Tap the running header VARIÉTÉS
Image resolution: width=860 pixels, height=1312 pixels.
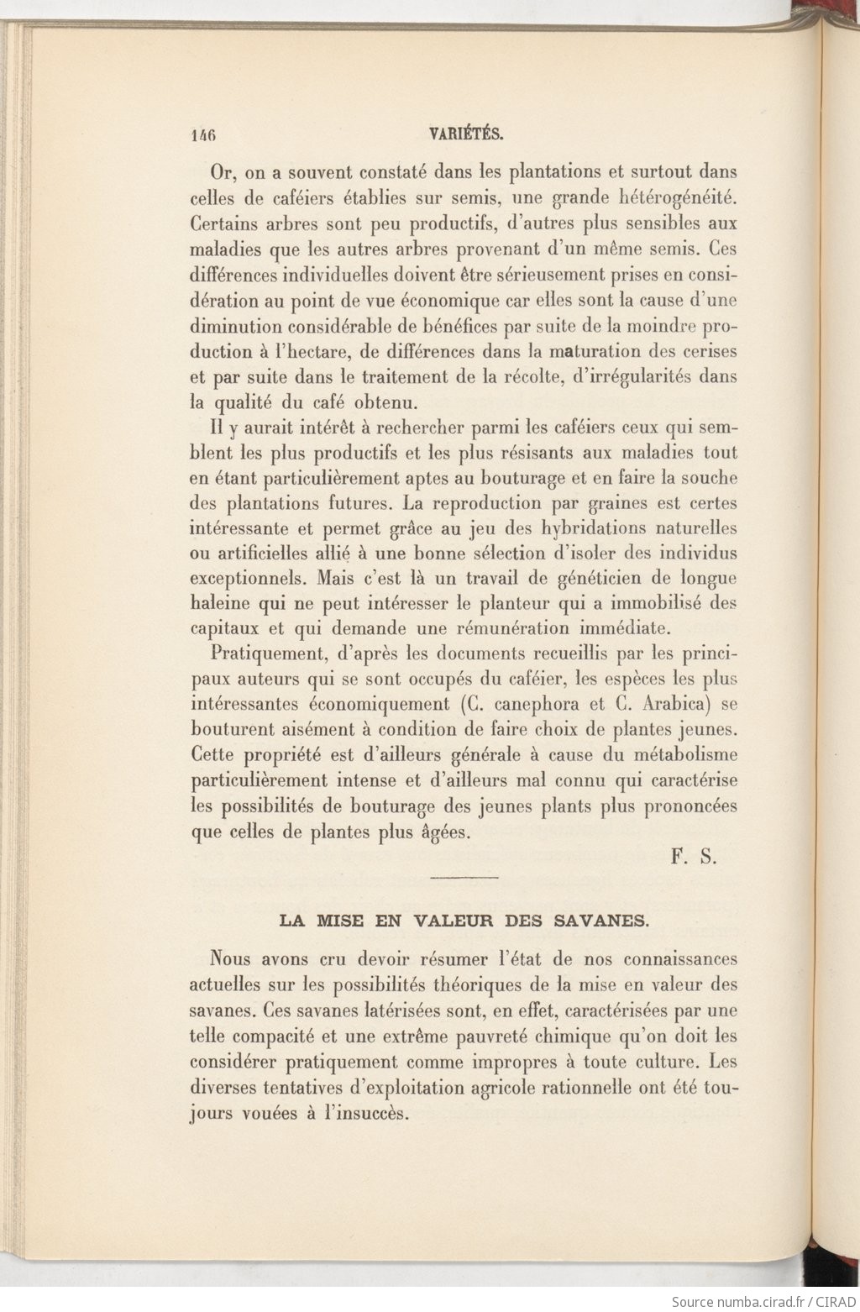click(465, 133)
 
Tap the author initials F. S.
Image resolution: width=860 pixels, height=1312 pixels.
click(694, 858)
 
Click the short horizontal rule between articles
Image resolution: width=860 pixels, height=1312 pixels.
click(464, 878)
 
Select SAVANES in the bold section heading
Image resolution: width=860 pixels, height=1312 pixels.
click(602, 921)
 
